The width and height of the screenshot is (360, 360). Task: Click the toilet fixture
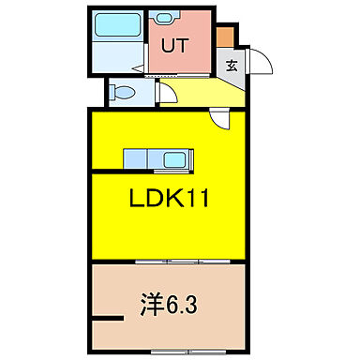click(x=119, y=93)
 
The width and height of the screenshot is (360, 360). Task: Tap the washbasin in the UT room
click(x=168, y=18)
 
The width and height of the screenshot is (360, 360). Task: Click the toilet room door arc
click(x=163, y=93)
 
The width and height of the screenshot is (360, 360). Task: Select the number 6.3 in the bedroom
click(x=180, y=305)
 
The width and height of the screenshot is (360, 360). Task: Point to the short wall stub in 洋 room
click(x=110, y=322)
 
